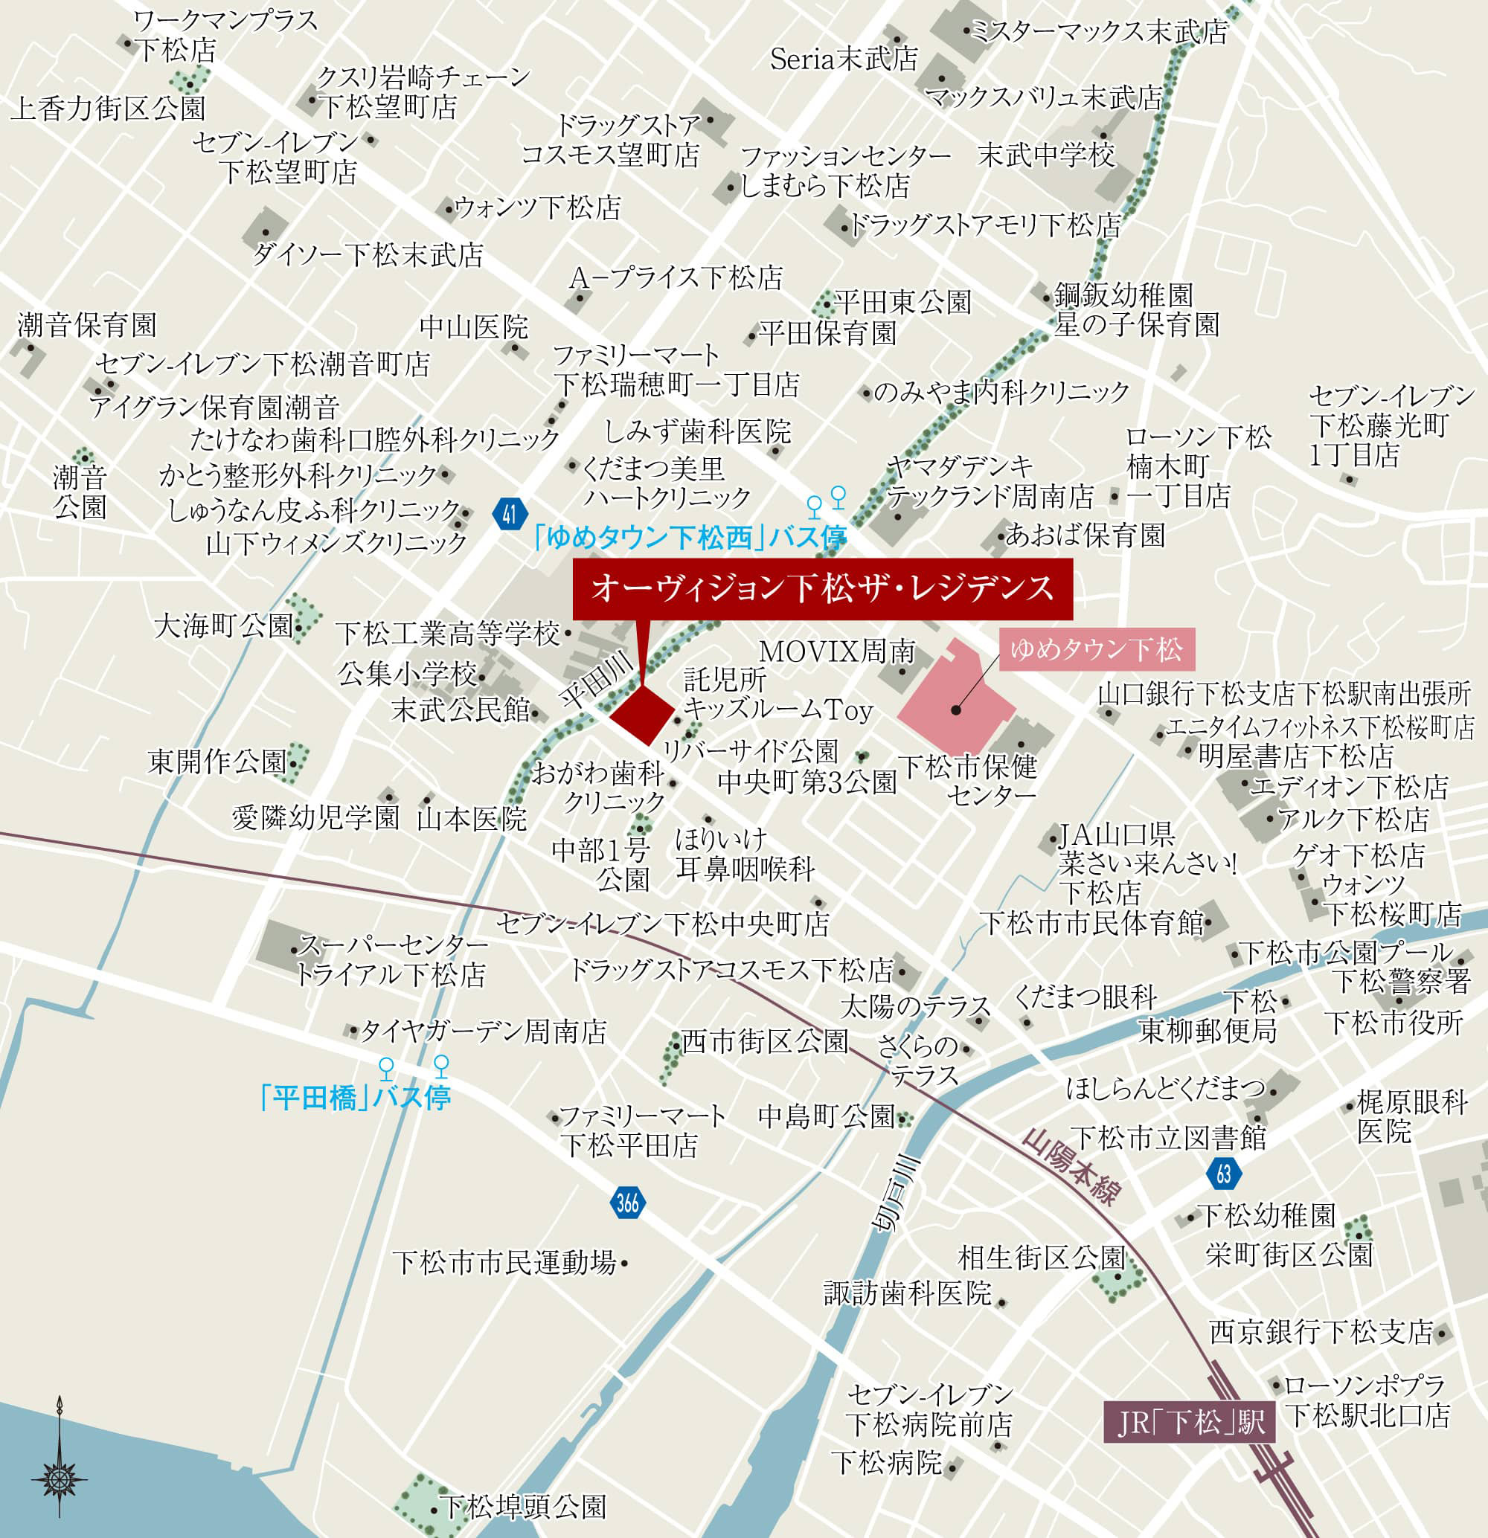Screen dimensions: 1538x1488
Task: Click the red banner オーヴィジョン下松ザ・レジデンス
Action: tap(821, 588)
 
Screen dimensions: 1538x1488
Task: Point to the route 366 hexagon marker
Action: tap(627, 1202)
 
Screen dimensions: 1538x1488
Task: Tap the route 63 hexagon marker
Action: tap(1224, 1174)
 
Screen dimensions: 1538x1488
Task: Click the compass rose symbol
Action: tap(60, 1456)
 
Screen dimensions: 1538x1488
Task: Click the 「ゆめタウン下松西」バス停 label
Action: tap(688, 538)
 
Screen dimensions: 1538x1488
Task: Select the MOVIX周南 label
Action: tap(838, 651)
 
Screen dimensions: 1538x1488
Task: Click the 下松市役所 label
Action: tap(1394, 1023)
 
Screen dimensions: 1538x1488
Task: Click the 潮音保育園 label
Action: tap(87, 325)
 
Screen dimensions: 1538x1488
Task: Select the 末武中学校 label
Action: tap(1046, 155)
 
